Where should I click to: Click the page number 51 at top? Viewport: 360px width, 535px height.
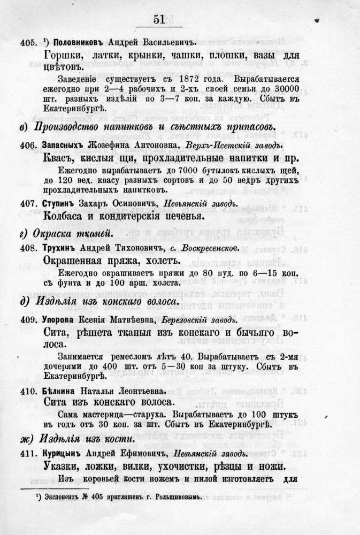click(158, 20)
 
